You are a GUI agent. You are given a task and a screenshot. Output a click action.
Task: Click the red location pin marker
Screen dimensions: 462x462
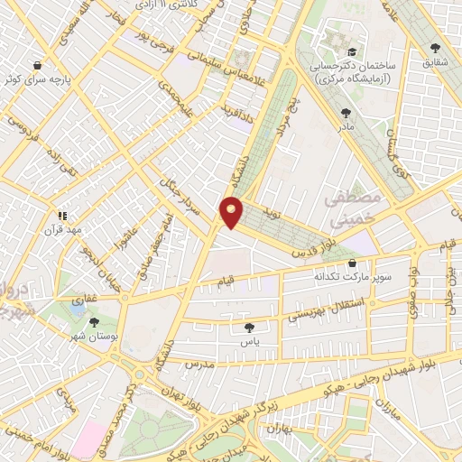[x=231, y=212]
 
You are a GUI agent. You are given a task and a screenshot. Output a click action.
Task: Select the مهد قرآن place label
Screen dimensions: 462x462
[x=65, y=229]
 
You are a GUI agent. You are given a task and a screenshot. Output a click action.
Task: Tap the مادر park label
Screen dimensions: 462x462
[x=346, y=126]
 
